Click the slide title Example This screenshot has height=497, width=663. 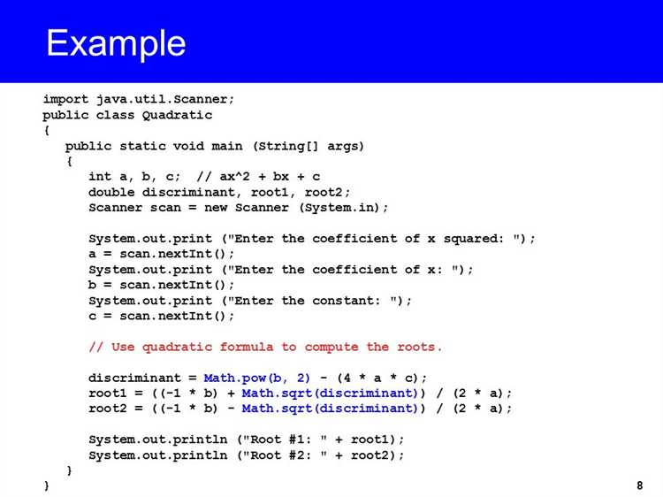116,44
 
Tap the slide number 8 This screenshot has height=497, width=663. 639,486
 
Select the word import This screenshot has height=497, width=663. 65,99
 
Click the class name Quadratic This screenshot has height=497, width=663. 177,115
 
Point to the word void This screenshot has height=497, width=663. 188,146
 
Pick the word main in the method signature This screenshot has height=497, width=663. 227,146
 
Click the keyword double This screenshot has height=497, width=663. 111,192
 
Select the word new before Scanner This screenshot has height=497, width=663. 216,208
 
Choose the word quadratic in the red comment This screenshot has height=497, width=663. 177,348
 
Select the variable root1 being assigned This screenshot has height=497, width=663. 108,394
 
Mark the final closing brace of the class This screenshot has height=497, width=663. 47,486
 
